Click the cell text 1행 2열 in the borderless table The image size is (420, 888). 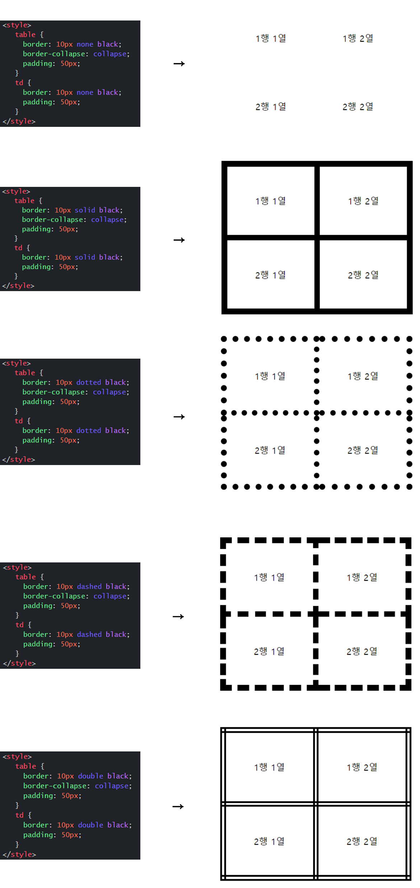358,38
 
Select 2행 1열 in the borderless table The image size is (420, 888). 271,106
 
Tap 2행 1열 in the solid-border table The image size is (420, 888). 270,275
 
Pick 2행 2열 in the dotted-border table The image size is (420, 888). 363,450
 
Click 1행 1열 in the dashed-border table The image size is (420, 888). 269,577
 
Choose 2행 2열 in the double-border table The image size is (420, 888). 362,841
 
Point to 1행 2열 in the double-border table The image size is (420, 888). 362,767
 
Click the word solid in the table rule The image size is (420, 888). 85,210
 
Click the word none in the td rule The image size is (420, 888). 85,92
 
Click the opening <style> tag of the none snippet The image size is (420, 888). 17,25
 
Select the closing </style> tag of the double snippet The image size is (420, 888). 19,855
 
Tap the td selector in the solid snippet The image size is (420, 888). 18,248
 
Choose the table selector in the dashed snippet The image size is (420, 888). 25,577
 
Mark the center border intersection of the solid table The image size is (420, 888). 317,238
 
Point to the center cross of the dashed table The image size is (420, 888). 316,614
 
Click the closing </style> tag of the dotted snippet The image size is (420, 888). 19,460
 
